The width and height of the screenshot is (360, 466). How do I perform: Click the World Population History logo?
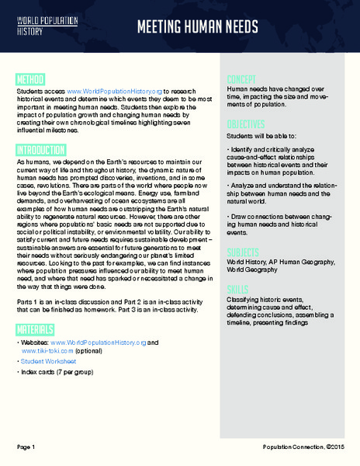(x=40, y=26)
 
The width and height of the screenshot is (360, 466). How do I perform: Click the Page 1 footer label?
(x=26, y=447)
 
